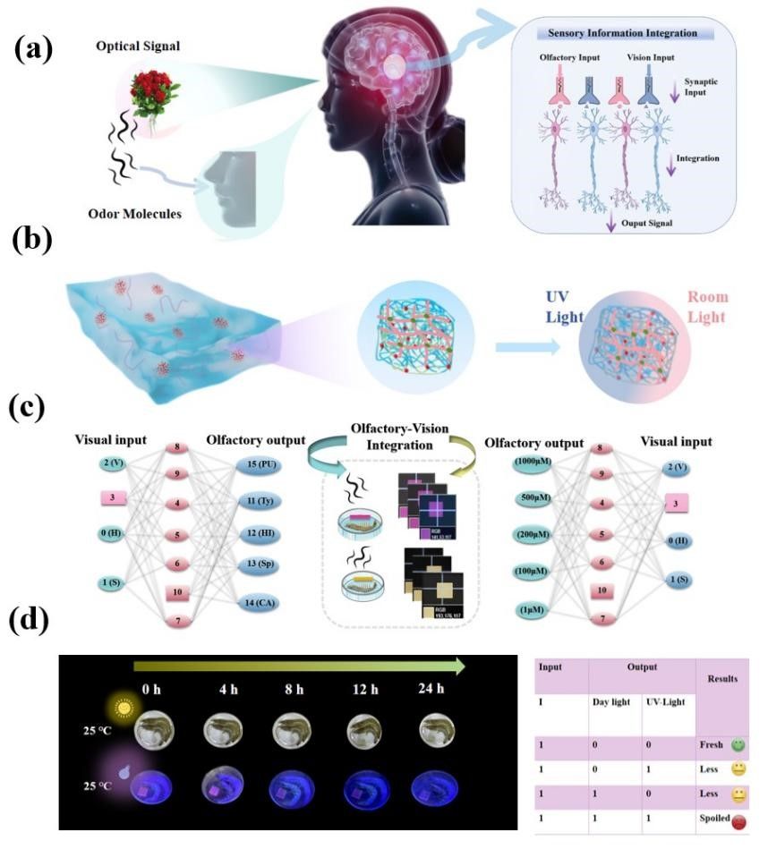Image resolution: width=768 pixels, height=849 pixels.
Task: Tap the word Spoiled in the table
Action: click(713, 819)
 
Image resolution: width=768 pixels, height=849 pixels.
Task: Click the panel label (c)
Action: click(29, 407)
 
